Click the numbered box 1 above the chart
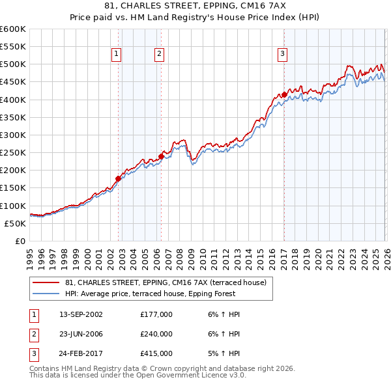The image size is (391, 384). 116,55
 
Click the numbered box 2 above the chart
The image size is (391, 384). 159,55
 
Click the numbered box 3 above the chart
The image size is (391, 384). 283,55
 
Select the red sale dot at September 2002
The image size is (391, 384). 118,178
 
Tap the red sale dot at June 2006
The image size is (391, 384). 161,156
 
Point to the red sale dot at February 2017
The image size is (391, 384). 284,94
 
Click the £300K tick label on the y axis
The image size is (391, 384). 13,135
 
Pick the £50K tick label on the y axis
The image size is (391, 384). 15,223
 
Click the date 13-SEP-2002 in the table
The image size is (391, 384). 81,314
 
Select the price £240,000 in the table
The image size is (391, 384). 156,334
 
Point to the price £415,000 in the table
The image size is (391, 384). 156,353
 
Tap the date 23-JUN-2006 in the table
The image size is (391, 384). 81,334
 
